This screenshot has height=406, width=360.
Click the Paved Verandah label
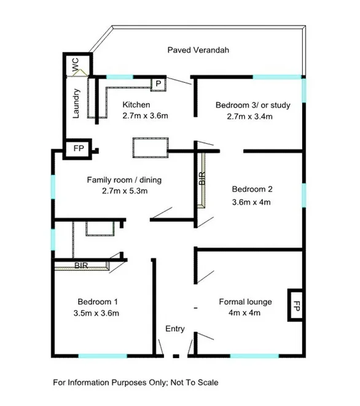198,50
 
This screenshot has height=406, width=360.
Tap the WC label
76,66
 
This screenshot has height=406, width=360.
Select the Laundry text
76,104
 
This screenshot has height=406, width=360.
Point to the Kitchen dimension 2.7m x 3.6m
146,115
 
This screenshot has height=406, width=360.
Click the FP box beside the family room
78,149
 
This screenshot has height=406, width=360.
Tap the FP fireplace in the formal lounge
295,305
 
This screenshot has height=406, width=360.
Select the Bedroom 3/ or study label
252,105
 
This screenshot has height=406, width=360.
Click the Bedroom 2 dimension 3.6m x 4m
251,201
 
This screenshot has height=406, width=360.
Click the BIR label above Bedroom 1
81,266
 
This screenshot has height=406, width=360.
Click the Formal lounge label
245,302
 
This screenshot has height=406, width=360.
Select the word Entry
175,329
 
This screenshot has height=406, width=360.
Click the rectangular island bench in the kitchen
149,148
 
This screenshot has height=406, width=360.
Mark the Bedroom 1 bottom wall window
103,356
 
